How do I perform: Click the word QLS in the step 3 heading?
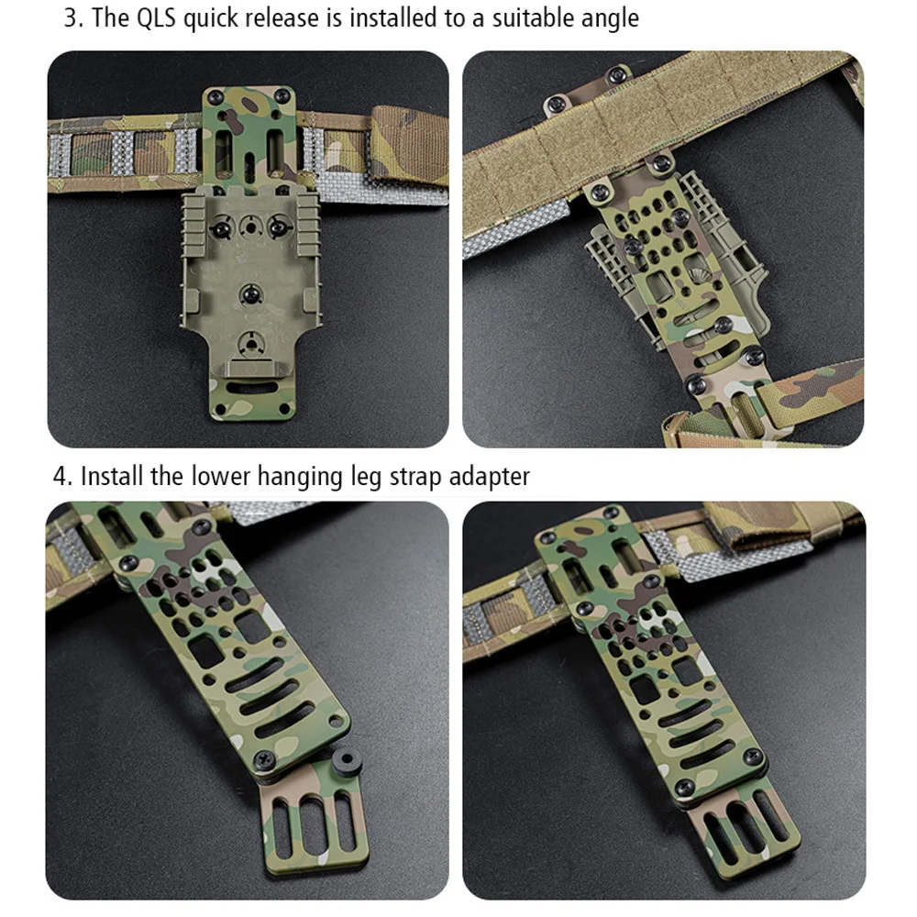pyautogui.click(x=156, y=17)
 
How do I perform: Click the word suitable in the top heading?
pyautogui.click(x=524, y=17)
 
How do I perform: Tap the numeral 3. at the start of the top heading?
pyautogui.click(x=73, y=17)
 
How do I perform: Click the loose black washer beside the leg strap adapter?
pyautogui.click(x=346, y=762)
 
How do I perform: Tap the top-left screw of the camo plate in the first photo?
pyautogui.click(x=215, y=96)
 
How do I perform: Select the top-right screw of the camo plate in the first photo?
pyautogui.click(x=282, y=95)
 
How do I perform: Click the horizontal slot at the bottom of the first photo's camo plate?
pyautogui.click(x=253, y=387)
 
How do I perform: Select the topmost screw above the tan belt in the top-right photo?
pyautogui.click(x=617, y=74)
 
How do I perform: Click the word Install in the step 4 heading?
pyautogui.click(x=112, y=476)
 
